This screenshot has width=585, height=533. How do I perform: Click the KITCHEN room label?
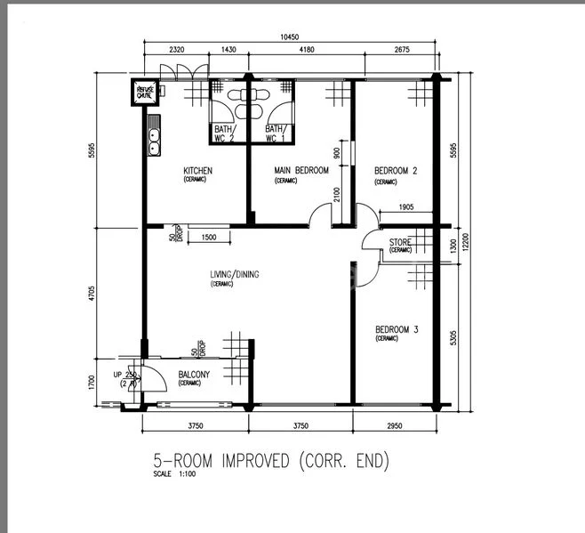(197, 171)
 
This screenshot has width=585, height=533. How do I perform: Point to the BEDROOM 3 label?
(396, 329)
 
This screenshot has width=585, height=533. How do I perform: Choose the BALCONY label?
(194, 376)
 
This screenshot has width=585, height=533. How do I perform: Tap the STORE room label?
(399, 242)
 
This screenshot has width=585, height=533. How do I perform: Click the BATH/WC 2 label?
(222, 133)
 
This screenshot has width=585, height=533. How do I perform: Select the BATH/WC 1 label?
(276, 133)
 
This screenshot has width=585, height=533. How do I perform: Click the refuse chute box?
(144, 91)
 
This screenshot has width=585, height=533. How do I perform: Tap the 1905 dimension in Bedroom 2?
(405, 207)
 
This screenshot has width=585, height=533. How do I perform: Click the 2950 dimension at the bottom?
(395, 426)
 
